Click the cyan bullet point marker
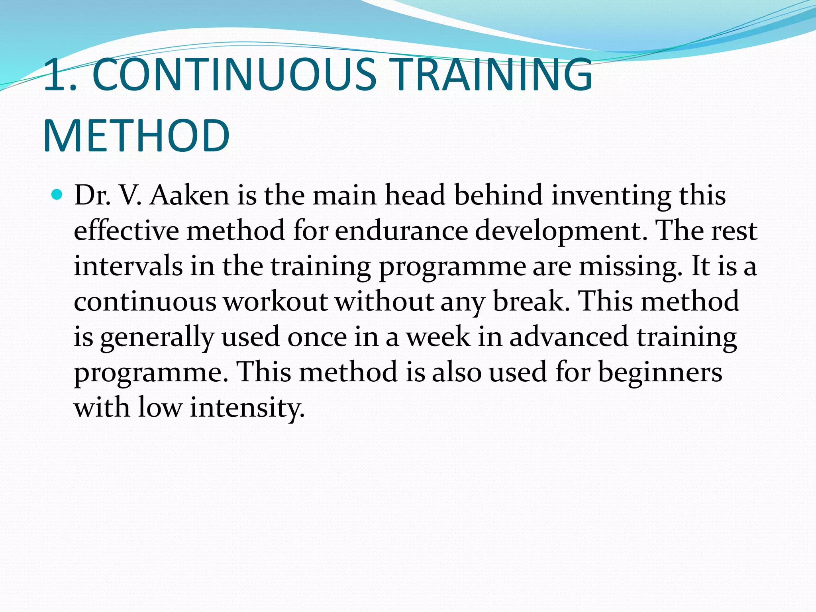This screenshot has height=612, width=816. tap(57, 195)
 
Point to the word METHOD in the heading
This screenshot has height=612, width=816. tap(136, 135)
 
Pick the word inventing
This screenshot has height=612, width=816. tap(611, 196)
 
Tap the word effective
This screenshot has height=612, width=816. tap(126, 231)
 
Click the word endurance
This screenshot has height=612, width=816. tap(401, 231)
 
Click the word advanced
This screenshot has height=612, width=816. tap(569, 337)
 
